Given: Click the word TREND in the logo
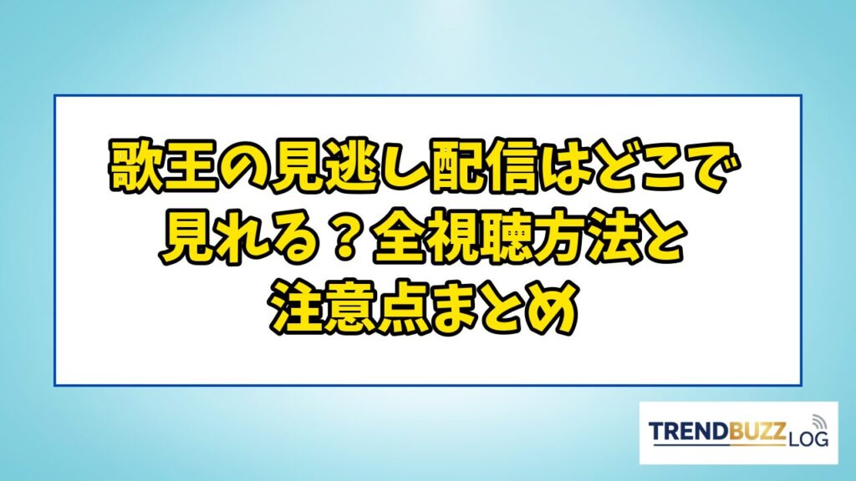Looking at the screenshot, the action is pyautogui.click(x=688, y=432).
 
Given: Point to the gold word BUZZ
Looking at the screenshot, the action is pyautogui.click(x=757, y=432).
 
